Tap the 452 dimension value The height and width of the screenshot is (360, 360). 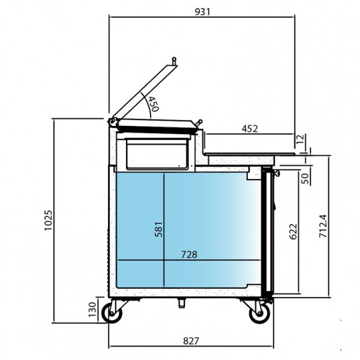[x=249, y=129]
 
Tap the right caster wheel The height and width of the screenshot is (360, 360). [x=260, y=312]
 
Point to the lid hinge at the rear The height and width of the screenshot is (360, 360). [x=113, y=121]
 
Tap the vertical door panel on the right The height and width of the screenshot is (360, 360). [x=268, y=232]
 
